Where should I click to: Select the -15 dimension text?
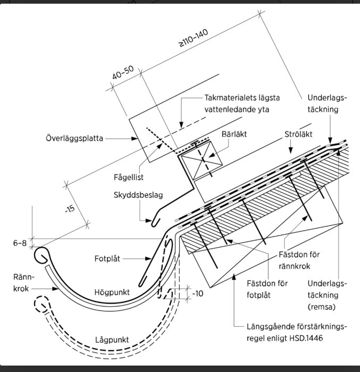[x=69, y=209]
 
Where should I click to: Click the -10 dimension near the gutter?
[x=197, y=293]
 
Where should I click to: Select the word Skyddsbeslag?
[x=138, y=195]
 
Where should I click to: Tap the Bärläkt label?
[x=234, y=134]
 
